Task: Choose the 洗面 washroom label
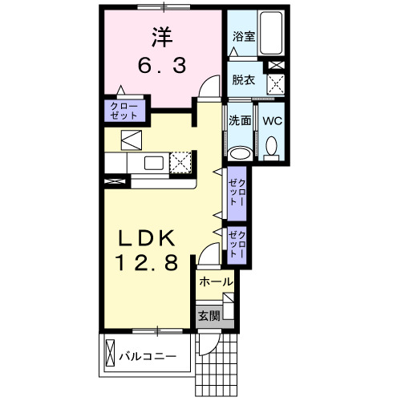coord(240,121)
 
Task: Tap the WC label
coord(271,121)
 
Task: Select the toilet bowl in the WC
coord(271,147)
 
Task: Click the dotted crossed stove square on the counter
coord(181,162)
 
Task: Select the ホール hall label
coord(216,282)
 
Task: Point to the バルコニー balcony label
coord(148,354)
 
